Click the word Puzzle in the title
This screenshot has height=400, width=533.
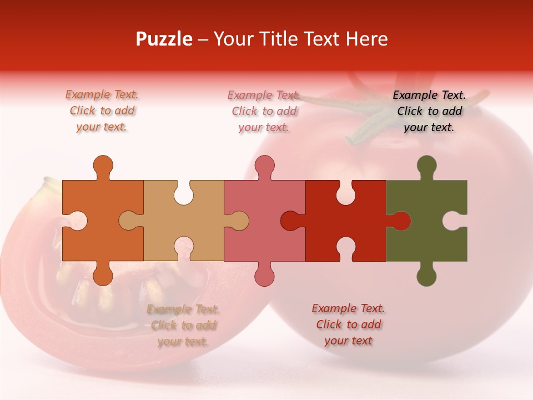164,39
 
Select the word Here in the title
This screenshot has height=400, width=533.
366,39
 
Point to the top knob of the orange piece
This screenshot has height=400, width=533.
103,166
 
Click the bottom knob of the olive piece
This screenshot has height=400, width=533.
426,274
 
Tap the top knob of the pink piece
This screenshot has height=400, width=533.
264,166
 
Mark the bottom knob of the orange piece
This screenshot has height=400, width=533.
103,274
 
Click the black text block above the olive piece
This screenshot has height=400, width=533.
429,111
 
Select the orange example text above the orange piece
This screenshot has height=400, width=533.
102,111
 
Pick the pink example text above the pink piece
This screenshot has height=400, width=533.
264,111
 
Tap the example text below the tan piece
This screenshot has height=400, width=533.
183,325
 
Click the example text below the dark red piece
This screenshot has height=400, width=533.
348,324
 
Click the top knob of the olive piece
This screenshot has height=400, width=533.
426,166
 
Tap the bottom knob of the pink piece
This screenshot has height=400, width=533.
264,274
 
